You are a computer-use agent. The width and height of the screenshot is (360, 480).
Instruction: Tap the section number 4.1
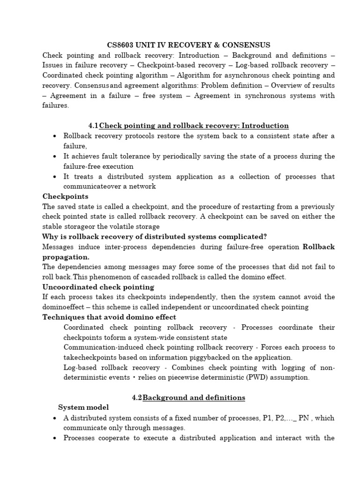[94, 126]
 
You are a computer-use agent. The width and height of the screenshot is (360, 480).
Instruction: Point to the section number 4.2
[137, 397]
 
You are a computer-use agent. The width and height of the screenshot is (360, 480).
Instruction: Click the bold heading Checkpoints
[65, 196]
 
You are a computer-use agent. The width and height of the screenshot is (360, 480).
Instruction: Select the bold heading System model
[83, 407]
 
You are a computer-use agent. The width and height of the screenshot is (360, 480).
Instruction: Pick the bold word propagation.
[66, 257]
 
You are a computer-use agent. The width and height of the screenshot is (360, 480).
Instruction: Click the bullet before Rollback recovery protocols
[55, 136]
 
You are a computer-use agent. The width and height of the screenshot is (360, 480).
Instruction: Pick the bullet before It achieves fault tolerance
[55, 157]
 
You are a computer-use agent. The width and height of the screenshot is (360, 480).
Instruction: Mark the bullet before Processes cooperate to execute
[55, 438]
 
